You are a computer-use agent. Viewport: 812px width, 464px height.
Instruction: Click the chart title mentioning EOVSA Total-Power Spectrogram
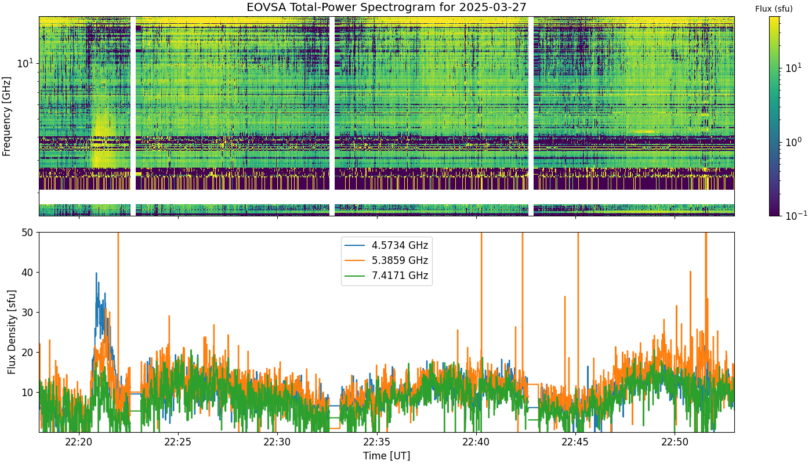(x=386, y=7)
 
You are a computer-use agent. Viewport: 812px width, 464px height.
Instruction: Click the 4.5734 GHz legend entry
(x=386, y=245)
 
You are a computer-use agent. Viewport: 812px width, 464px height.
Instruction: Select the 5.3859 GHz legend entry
(x=386, y=260)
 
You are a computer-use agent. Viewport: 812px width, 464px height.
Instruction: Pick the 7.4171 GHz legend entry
(x=386, y=276)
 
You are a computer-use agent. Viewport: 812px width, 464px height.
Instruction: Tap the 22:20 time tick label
(x=79, y=442)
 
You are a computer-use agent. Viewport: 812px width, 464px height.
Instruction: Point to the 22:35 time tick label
(x=378, y=442)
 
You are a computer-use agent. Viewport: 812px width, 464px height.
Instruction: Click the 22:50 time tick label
(x=675, y=442)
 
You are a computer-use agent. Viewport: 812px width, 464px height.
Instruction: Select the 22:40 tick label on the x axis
(x=477, y=442)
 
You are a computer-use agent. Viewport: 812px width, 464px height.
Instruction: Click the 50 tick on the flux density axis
(x=27, y=233)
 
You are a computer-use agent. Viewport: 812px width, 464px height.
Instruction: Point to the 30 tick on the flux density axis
(x=27, y=313)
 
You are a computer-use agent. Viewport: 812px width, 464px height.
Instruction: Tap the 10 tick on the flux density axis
(x=27, y=393)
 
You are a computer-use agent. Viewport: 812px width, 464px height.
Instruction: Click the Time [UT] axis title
(x=386, y=456)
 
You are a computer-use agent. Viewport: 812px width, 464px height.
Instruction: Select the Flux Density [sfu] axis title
(x=12, y=332)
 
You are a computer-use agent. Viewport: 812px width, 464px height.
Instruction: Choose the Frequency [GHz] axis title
(x=6, y=117)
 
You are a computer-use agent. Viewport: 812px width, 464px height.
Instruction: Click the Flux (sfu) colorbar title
(x=774, y=9)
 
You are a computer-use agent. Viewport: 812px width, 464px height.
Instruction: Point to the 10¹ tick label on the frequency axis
(x=25, y=63)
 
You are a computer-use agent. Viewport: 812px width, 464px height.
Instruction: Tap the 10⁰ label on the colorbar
(x=793, y=142)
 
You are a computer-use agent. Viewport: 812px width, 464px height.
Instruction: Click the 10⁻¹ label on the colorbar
(x=796, y=215)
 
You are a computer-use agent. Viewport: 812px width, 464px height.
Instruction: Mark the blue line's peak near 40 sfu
(x=96, y=273)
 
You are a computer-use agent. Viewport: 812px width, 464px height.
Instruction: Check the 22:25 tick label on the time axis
(x=179, y=442)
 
